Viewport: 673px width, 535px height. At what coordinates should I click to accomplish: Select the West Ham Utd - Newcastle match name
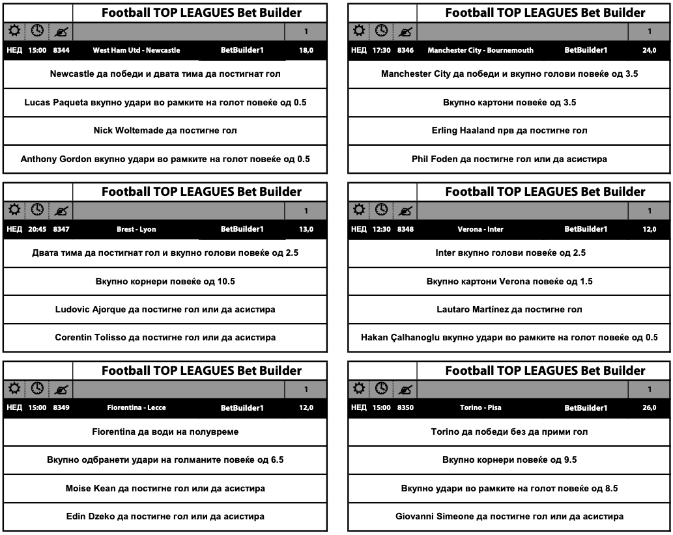[x=136, y=50]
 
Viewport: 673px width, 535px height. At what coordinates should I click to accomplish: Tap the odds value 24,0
[x=649, y=50]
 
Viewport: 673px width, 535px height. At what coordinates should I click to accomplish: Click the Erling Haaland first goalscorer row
[x=509, y=130]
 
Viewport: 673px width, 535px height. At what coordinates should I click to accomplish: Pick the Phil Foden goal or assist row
[x=509, y=159]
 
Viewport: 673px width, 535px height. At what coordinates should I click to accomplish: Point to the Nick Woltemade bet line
[x=165, y=130]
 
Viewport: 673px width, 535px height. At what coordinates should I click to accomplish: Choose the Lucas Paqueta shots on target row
[x=165, y=102]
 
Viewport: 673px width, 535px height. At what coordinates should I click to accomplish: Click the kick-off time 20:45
[x=37, y=229]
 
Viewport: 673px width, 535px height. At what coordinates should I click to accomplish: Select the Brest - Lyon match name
[x=136, y=229]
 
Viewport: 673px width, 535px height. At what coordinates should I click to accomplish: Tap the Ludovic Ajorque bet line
[x=165, y=309]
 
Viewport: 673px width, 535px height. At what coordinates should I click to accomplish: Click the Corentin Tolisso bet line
[x=165, y=338]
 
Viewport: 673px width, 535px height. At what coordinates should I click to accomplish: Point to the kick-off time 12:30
[x=381, y=229]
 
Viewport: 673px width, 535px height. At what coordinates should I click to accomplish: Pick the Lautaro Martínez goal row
[x=509, y=309]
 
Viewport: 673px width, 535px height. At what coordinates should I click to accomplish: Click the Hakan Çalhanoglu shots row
[x=509, y=338]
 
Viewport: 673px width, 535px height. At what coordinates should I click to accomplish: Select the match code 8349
[x=61, y=408]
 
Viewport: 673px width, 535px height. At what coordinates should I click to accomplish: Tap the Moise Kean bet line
[x=165, y=488]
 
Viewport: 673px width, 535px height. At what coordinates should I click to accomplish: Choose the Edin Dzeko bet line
[x=165, y=517]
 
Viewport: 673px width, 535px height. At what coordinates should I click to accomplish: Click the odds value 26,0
[x=649, y=408]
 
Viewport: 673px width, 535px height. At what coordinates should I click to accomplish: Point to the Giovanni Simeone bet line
[x=509, y=517]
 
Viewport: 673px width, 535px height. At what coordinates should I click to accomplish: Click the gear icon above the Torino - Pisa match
[x=359, y=389]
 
